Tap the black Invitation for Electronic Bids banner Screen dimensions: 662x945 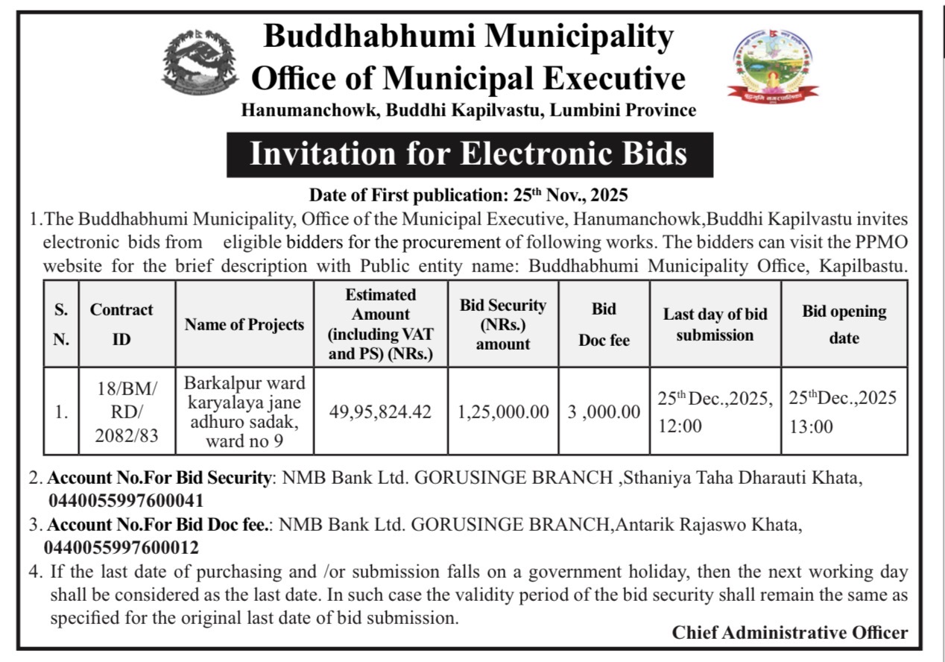click(x=469, y=154)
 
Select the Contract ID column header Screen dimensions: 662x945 click(x=121, y=324)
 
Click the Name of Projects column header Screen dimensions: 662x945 click(x=244, y=324)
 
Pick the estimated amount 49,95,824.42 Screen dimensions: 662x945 click(x=381, y=412)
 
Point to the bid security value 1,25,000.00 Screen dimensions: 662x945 click(x=503, y=412)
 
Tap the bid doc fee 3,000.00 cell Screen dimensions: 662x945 click(x=604, y=412)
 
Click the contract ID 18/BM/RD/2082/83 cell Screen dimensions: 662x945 click(x=127, y=412)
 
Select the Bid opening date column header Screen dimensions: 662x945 click(x=844, y=324)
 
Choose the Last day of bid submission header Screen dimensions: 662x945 click(x=715, y=324)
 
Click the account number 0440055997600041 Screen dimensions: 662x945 click(x=126, y=500)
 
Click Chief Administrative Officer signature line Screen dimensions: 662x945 click(x=789, y=633)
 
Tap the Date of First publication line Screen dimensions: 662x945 click(x=469, y=196)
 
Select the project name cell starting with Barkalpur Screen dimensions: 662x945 click(x=244, y=412)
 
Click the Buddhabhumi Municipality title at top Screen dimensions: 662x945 click(x=469, y=35)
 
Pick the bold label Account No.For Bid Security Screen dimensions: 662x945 click(x=159, y=478)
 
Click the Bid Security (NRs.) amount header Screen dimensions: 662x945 click(x=503, y=324)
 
